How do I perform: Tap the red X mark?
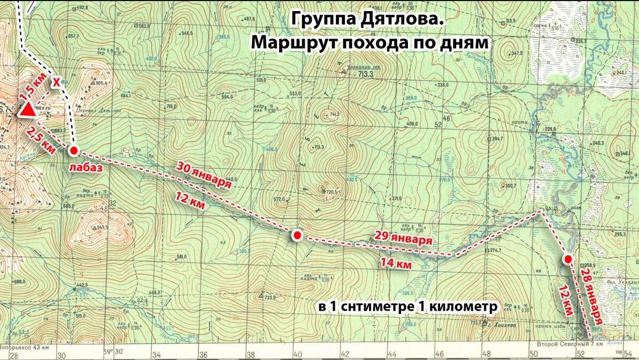pyautogui.click(x=56, y=82)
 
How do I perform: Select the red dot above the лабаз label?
pyautogui.click(x=74, y=150)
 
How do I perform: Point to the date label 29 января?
pyautogui.click(x=403, y=239)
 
